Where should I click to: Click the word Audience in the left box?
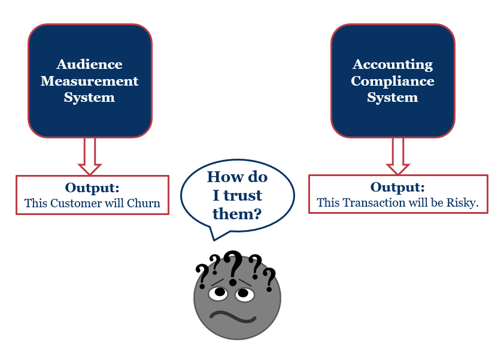coord(89,64)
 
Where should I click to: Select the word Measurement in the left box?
coord(89,81)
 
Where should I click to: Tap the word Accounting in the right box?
coord(392,64)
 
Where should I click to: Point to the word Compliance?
coord(392,81)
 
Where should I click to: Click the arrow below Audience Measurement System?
coord(90,155)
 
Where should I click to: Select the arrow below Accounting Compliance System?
coord(397,155)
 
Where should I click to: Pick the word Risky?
coord(463,202)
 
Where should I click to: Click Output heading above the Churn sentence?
coord(92,187)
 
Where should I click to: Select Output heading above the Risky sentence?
coord(397,187)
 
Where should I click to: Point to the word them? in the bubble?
coord(237,213)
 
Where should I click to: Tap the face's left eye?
coord(219,292)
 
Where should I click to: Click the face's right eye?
coord(244,294)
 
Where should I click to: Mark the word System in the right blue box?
coord(392,98)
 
